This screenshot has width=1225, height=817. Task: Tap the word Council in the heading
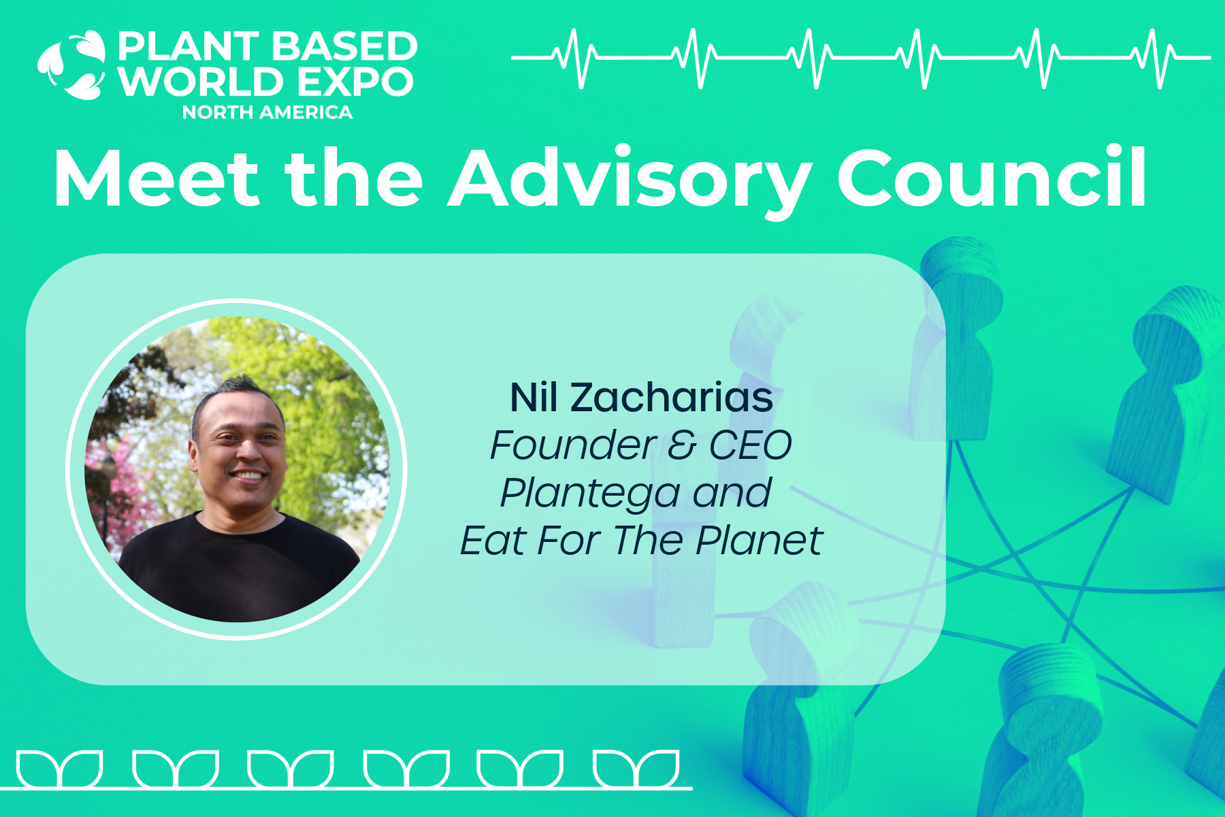point(992,176)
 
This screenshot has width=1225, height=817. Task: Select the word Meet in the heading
point(157,178)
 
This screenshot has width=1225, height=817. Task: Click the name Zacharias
point(672,398)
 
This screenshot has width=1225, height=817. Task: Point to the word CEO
point(751,445)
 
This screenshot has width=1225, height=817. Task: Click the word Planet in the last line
point(759,541)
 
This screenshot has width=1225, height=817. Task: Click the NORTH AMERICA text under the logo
point(267,112)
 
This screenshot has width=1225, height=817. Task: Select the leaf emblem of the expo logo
point(72,65)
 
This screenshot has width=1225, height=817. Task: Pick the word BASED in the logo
point(346,46)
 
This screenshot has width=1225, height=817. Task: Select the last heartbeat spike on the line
point(1156,59)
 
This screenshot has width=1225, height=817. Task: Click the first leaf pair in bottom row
point(60,769)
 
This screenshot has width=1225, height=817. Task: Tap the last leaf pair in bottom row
point(637,769)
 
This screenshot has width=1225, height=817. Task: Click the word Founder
point(574,445)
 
